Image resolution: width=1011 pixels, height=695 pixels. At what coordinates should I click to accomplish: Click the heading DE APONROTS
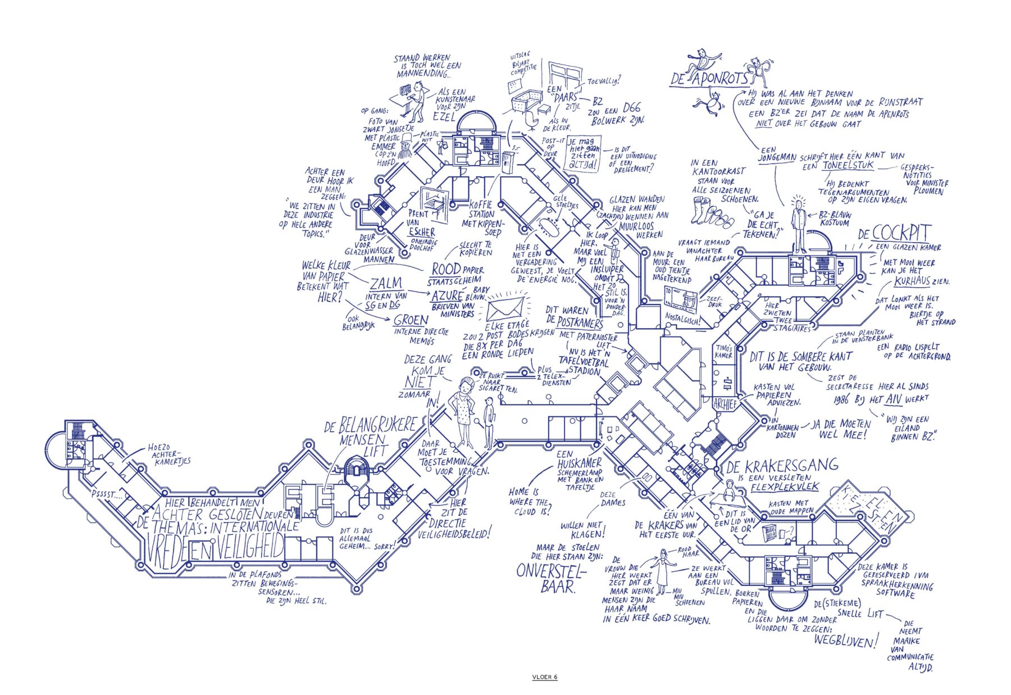pos(709,79)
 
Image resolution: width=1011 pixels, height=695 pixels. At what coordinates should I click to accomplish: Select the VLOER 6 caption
pos(544,677)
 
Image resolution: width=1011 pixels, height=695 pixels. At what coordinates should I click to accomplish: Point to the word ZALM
pos(386,284)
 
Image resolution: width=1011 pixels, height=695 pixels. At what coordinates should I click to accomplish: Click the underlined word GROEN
pos(411,320)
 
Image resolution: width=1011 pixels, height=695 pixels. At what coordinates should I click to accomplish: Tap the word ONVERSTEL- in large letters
pos(551,571)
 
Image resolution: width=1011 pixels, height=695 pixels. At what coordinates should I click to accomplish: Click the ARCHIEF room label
pos(725,403)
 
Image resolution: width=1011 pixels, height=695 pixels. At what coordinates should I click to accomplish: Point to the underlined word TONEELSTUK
pos(848,166)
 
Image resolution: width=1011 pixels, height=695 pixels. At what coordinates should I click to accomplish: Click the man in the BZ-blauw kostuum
pos(798,225)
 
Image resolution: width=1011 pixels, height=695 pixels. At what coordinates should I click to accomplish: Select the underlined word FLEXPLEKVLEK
pos(785,487)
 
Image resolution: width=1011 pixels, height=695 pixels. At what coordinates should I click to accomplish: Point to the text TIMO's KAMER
pos(723,352)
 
